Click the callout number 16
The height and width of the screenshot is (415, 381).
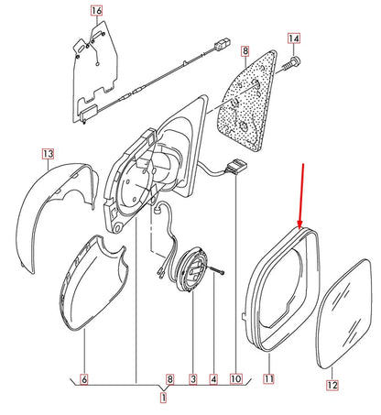pyautogui.click(x=97, y=12)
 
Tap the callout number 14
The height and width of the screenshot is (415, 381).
pyautogui.click(x=293, y=38)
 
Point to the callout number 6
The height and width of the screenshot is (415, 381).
pyautogui.click(x=83, y=378)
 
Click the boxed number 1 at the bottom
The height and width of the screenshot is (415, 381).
pyautogui.click(x=164, y=399)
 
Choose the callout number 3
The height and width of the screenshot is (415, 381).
pyautogui.click(x=193, y=378)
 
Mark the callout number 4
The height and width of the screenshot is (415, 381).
pyautogui.click(x=212, y=378)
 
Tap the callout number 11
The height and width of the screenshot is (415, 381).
pyautogui.click(x=269, y=378)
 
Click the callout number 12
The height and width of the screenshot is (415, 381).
pyautogui.click(x=332, y=387)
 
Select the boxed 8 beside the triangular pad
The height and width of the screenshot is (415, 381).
pyautogui.click(x=245, y=54)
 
